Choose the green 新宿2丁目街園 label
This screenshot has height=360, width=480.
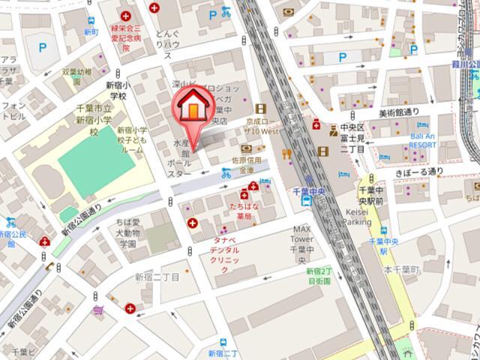319,276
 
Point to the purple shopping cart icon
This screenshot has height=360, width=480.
97,310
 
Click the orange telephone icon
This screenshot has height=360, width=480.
49,266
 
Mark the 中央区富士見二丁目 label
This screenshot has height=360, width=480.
351,137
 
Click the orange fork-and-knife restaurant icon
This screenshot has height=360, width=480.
286,154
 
